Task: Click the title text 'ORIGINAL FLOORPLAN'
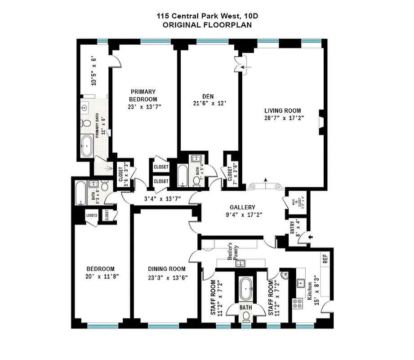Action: (207, 25)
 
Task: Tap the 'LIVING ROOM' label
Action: (282, 111)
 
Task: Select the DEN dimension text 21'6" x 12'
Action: (207, 103)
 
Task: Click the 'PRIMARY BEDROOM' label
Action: (143, 95)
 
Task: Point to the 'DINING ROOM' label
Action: (167, 269)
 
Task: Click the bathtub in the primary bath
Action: (86, 146)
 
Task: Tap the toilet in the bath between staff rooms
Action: (245, 316)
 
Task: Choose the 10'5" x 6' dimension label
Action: (94, 71)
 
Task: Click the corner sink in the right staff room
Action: (284, 275)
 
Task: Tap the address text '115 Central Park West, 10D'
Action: (207, 16)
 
